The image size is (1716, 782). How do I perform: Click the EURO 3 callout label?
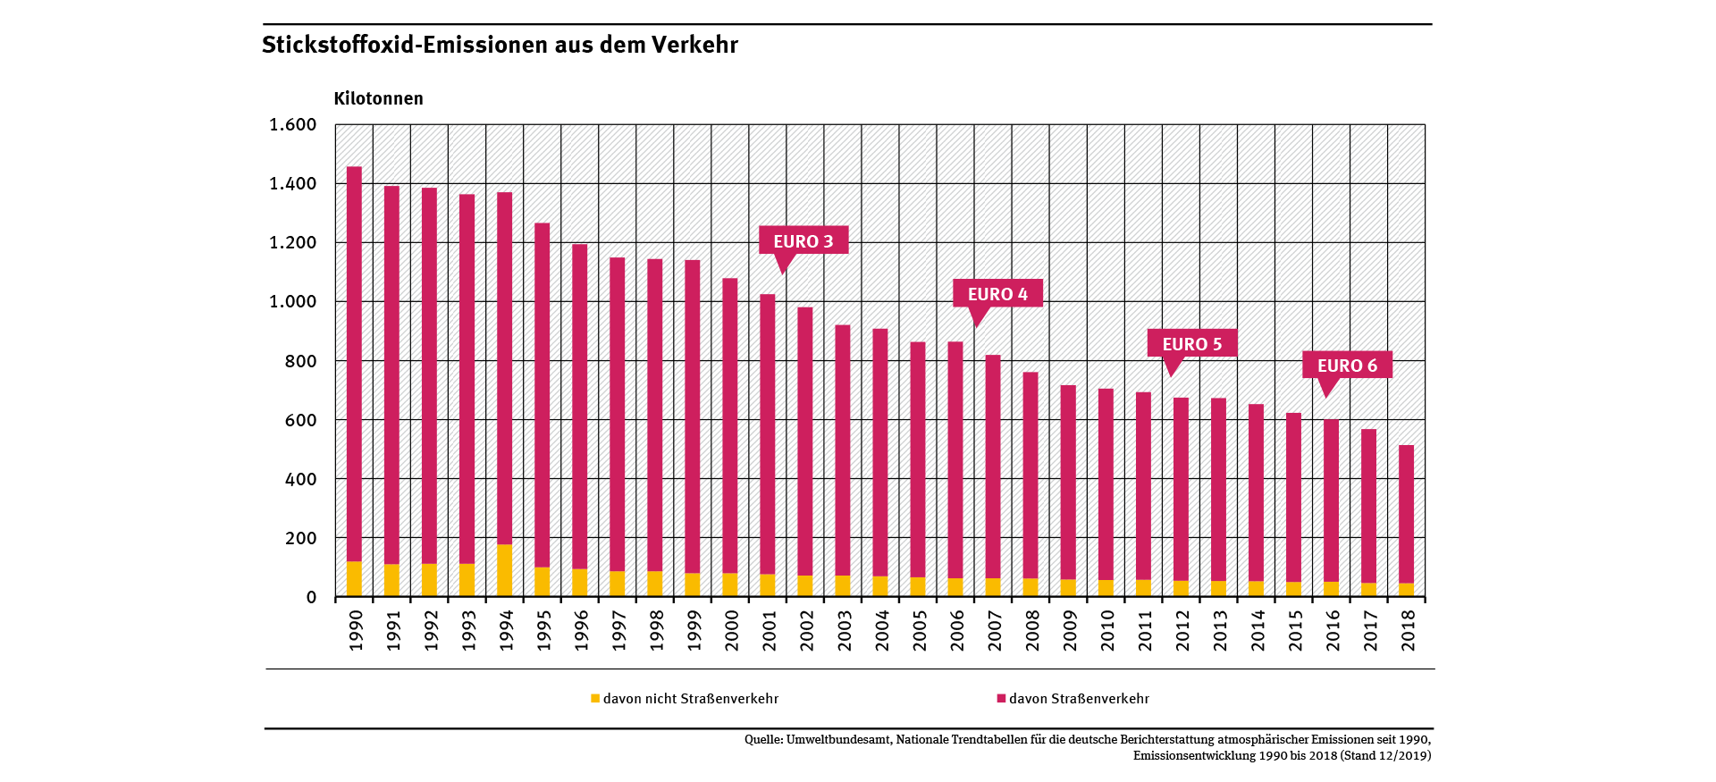803,241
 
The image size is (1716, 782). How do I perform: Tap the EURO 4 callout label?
997,294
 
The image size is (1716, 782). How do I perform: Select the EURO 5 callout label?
1191,344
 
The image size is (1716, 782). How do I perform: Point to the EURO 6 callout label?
1347,366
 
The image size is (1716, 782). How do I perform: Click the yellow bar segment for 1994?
504,570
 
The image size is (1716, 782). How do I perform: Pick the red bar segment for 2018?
1406,514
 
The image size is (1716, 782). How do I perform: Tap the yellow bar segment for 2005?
918,586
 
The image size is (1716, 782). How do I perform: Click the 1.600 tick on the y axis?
293,125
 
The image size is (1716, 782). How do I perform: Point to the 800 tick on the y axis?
301,361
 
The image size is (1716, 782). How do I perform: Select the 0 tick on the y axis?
311,597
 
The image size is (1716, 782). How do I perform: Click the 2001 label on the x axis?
769,630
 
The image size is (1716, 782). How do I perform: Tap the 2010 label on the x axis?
1106,630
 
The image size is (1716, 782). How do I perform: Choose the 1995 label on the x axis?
543,630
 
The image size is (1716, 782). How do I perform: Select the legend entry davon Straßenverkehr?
1078,699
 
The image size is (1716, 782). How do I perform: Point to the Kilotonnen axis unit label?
378,98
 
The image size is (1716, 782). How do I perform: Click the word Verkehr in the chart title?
694,45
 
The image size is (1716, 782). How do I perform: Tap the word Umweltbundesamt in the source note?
837,740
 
